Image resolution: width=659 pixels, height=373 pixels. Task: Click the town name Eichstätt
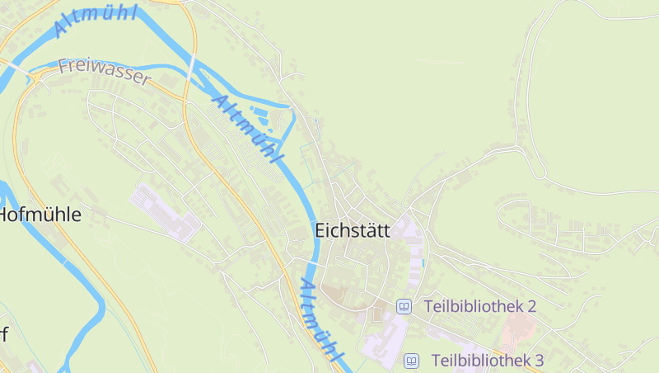point(353,232)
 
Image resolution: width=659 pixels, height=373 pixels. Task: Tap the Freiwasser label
point(105,72)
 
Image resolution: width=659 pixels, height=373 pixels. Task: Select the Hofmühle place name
point(40,215)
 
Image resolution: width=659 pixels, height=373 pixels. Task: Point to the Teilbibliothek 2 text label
point(480,306)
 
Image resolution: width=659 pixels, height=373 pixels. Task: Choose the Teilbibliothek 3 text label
point(488,361)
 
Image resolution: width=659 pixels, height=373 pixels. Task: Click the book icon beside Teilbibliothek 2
point(404,306)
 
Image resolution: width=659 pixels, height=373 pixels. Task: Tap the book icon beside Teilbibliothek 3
point(411,361)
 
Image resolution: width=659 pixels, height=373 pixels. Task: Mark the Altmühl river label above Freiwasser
point(94,18)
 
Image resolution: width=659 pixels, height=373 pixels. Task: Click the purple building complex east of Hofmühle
point(165,213)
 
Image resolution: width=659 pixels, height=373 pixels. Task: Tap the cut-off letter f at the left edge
point(4,335)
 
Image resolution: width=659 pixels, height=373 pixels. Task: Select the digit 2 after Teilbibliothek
point(531,306)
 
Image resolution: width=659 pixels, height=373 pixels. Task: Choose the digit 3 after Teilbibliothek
point(539,361)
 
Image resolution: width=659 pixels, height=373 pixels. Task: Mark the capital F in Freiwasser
point(63,65)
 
